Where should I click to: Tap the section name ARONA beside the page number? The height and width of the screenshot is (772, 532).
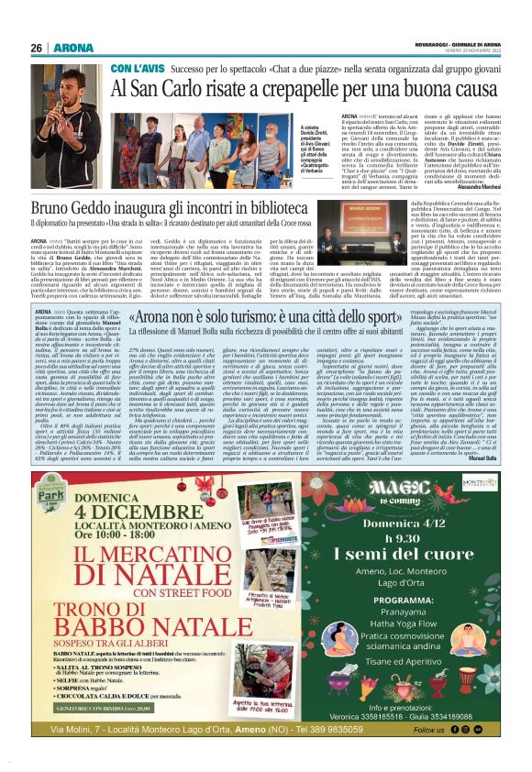[68, 48]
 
